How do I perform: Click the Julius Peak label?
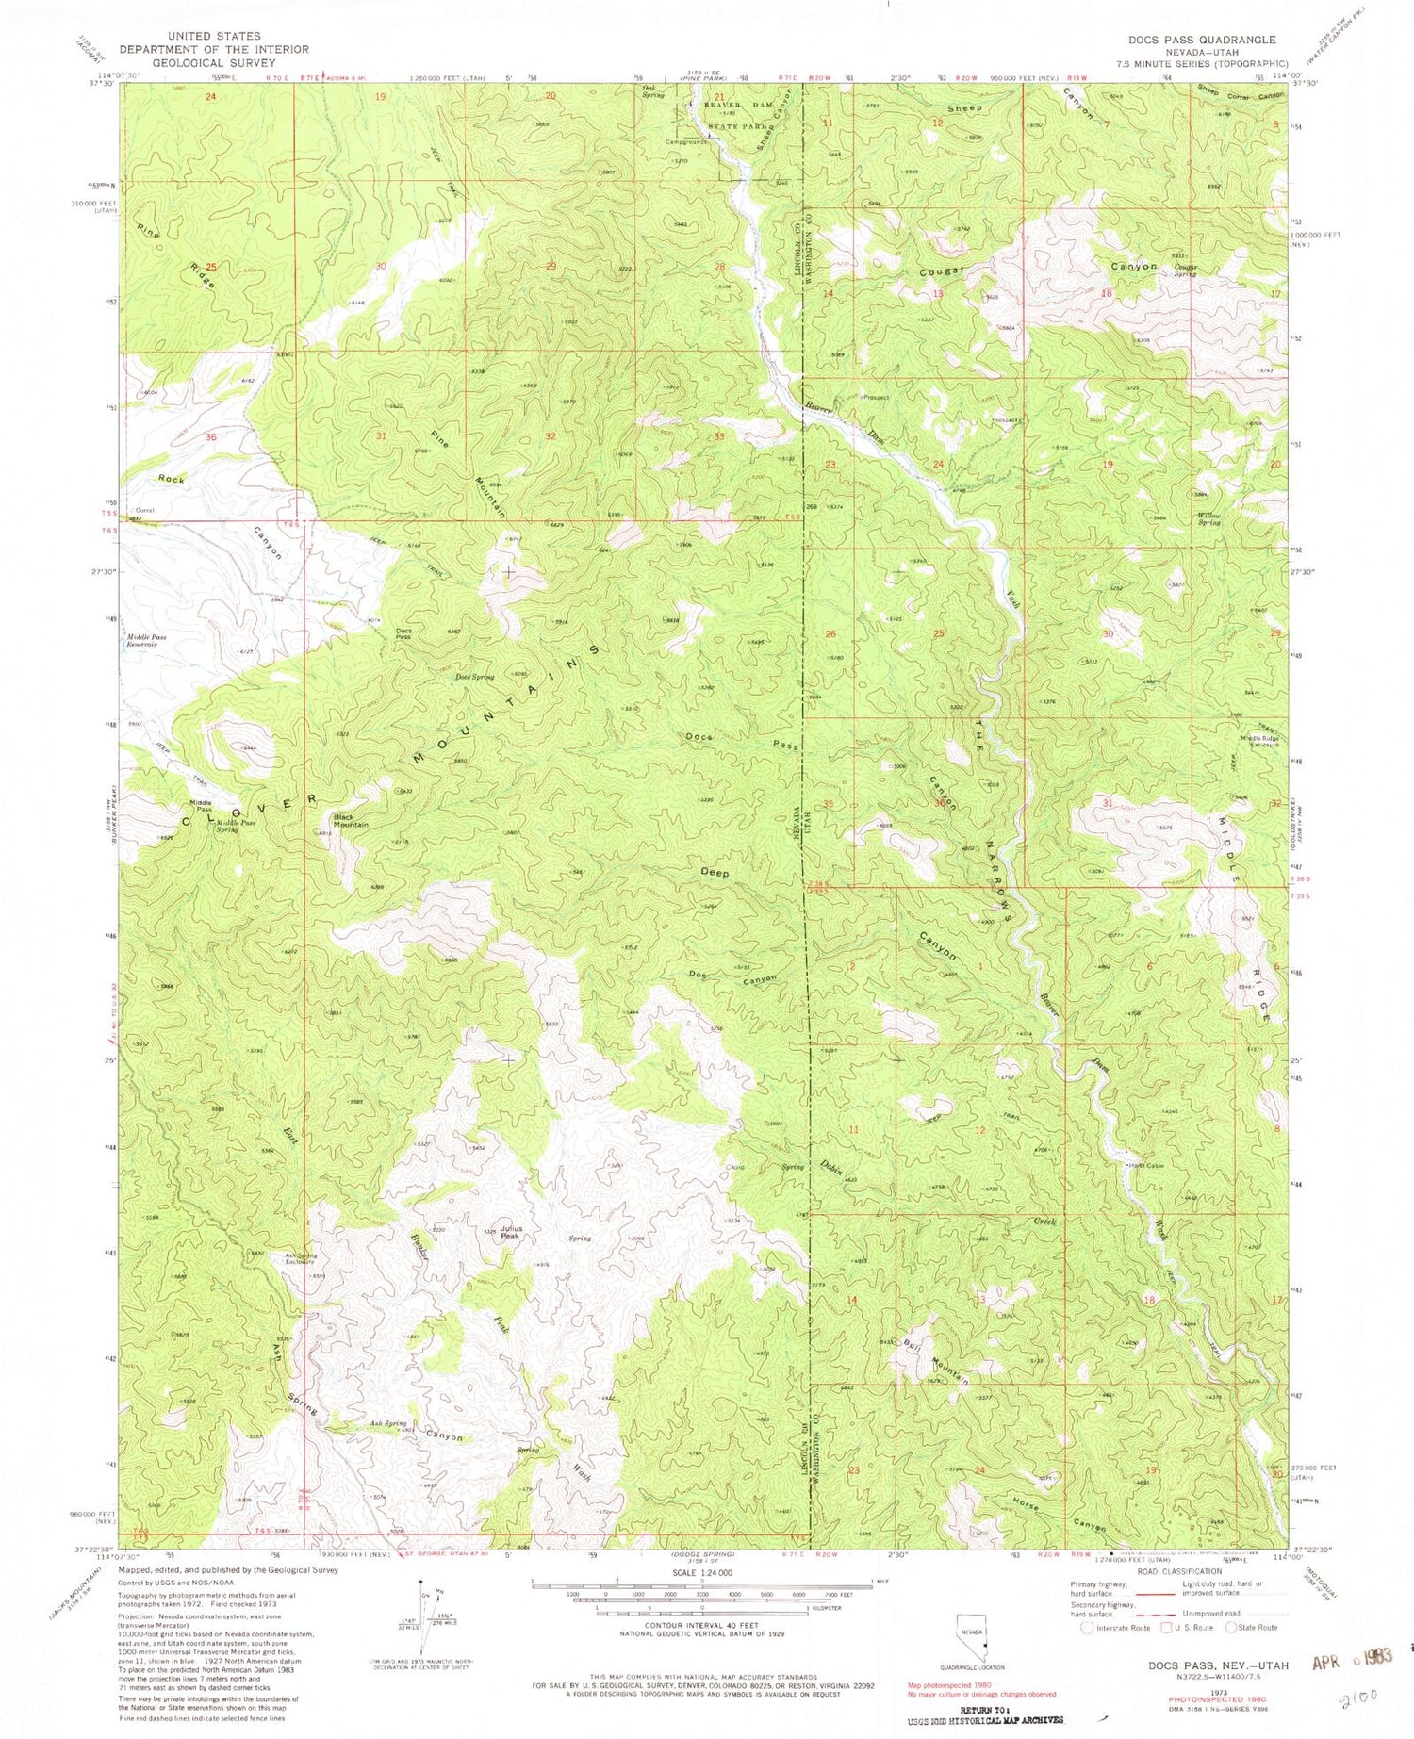pos(510,1232)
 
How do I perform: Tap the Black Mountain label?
pos(350,820)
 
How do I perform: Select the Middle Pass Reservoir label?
pos(147,641)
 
